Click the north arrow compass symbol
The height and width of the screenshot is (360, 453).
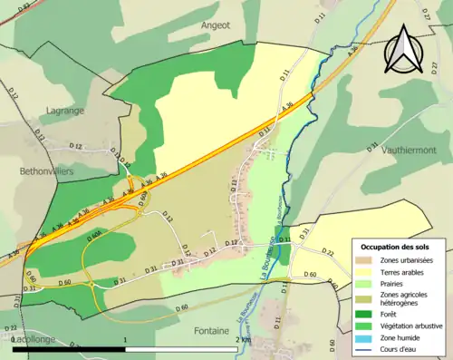tap(402, 49)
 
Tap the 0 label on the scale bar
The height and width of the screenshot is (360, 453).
tap(14, 339)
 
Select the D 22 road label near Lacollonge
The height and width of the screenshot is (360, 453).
tap(12, 326)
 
